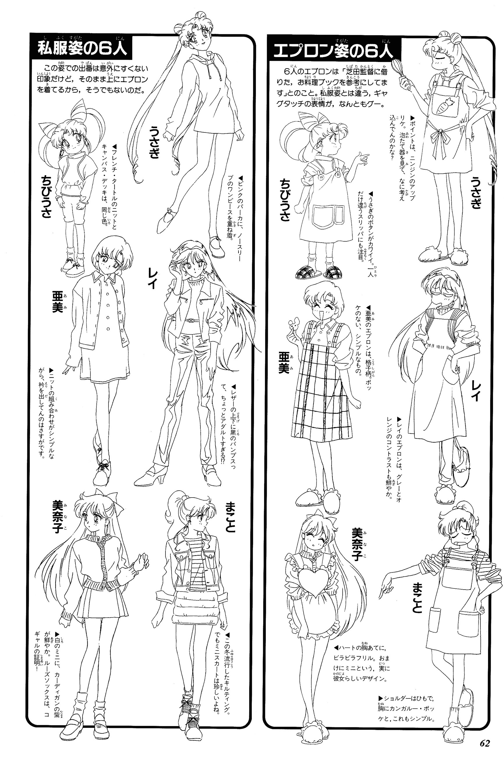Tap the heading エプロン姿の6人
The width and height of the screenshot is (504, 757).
pyautogui.click(x=332, y=51)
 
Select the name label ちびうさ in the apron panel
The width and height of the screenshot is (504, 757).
pyautogui.click(x=285, y=200)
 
